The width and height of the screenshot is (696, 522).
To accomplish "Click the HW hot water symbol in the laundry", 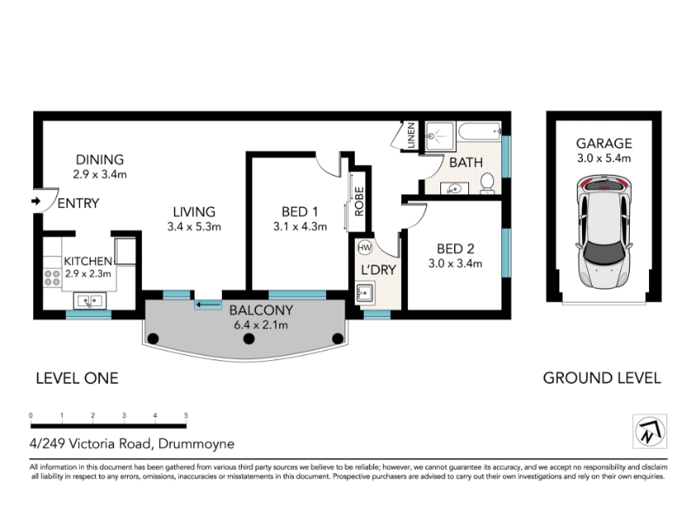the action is [365, 247].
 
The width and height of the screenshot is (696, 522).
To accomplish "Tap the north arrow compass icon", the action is [650, 432].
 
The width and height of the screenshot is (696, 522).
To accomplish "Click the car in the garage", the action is [604, 231].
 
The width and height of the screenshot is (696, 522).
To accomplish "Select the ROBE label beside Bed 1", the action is [359, 202].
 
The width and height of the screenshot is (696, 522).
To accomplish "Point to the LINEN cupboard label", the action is [411, 136].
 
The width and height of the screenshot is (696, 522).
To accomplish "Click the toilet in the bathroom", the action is [487, 184].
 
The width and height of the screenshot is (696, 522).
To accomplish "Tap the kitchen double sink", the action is [90, 301].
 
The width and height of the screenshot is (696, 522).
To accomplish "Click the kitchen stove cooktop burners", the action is [52, 278].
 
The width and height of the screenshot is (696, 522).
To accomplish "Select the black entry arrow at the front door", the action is [36, 202].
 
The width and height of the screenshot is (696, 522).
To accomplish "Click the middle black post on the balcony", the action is [249, 338].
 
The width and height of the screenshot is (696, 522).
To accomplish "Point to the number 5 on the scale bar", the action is [186, 416].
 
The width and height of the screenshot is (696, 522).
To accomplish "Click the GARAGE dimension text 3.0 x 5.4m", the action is [604, 158].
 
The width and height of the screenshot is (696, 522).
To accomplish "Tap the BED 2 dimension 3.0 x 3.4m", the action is [455, 264].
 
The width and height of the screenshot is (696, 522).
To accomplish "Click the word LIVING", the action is [194, 211].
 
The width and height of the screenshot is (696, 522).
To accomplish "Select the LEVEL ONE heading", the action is [77, 378].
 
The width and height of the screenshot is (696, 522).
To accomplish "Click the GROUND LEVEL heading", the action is [602, 378].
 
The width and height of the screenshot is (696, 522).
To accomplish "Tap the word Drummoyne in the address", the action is [197, 444].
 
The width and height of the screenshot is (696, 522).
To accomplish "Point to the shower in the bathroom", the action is [440, 137].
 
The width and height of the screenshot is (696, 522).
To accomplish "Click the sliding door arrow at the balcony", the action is [209, 304].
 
